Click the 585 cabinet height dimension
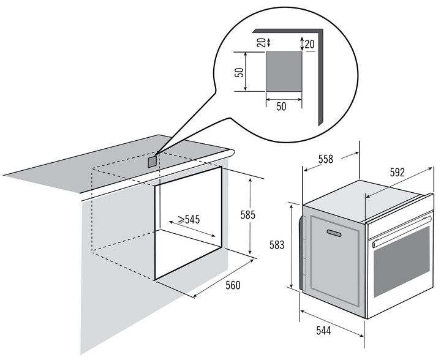[x=248, y=215]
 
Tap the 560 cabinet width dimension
[x=233, y=285]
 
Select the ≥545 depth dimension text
[x=189, y=219]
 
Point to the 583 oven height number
[x=277, y=245]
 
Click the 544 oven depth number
[x=323, y=331]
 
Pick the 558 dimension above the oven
[x=325, y=159]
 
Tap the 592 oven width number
[x=397, y=172]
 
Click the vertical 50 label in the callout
[x=239, y=72]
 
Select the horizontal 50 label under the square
[x=281, y=107]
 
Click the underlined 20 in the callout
[x=310, y=45]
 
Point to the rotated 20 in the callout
[x=262, y=42]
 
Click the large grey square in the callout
[x=284, y=72]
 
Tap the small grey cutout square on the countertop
[x=152, y=162]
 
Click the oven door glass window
[x=402, y=263]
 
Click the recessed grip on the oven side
[x=334, y=233]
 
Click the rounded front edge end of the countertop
[x=231, y=154]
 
